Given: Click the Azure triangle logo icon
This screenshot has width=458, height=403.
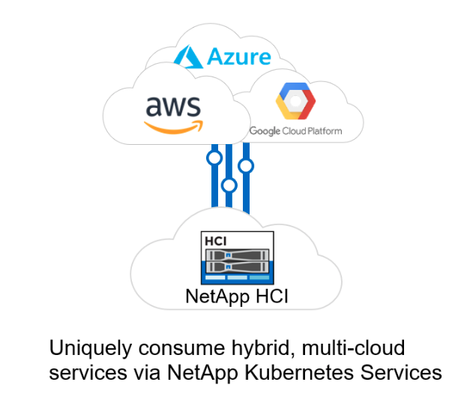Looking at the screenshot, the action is coord(188,56).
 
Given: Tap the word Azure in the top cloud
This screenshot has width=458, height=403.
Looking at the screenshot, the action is coord(239,56).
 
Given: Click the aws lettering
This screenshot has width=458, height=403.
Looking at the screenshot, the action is coord(173,107).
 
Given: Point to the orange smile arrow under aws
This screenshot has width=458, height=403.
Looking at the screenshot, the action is coord(174,127).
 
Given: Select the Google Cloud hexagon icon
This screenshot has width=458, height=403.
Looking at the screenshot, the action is coord(295,101).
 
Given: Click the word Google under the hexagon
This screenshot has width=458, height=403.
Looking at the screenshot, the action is coord(265,131).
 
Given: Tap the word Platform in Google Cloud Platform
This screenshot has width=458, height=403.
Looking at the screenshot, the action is coord(325,131).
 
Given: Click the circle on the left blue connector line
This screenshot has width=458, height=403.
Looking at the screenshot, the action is coord(214,158).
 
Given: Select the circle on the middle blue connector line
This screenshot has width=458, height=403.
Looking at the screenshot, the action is coord(229,185).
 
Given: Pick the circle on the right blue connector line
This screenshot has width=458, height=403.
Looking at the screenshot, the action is coord(246,166).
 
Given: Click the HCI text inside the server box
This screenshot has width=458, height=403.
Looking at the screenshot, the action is coord(216,242).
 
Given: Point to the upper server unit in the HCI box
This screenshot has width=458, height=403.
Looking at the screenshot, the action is coord(237,255).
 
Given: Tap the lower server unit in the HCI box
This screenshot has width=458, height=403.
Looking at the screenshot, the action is coord(237,266).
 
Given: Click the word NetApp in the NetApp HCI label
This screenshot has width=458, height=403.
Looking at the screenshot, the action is coord(217,297).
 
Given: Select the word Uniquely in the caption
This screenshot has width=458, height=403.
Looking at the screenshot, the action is coord(91,349).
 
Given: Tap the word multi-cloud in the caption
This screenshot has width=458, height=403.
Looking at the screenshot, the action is coord(353,347).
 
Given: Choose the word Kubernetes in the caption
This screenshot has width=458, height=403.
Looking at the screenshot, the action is coord(299,372).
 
